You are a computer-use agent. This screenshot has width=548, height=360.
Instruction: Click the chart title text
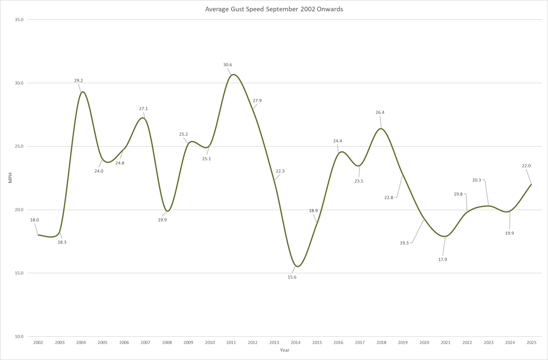[x=274, y=9]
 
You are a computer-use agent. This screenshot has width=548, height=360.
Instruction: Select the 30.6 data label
[x=227, y=65]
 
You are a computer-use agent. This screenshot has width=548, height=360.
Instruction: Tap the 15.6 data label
[x=292, y=277]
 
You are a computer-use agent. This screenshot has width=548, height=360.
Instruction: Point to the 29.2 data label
[x=79, y=81]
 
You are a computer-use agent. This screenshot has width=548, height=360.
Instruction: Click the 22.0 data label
[x=526, y=166]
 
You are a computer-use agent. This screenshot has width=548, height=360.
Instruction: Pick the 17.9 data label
[x=443, y=259]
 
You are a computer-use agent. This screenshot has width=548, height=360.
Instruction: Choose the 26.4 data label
[x=380, y=112]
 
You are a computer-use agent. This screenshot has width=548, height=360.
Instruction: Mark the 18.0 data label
[x=34, y=220]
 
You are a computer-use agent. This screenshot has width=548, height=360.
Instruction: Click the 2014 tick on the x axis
[x=296, y=342]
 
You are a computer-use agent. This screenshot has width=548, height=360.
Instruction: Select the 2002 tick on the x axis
[x=38, y=342]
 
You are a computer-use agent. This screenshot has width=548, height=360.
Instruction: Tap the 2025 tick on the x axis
[x=531, y=342]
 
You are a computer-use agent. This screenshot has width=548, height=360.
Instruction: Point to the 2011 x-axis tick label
[x=231, y=342]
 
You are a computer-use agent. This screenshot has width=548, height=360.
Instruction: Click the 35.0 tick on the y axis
[x=19, y=20]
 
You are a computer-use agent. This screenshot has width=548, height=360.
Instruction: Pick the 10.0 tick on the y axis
[x=19, y=336]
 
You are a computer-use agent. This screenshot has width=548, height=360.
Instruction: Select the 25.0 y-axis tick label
[x=19, y=147]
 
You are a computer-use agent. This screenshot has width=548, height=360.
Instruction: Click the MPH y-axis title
[x=11, y=178]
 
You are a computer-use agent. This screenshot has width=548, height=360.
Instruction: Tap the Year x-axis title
[x=285, y=350]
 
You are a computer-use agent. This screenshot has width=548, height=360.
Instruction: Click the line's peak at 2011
[x=233, y=74]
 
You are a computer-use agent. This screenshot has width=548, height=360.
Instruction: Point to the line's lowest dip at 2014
[x=297, y=266]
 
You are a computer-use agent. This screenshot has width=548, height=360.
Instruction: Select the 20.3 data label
[x=476, y=180]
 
